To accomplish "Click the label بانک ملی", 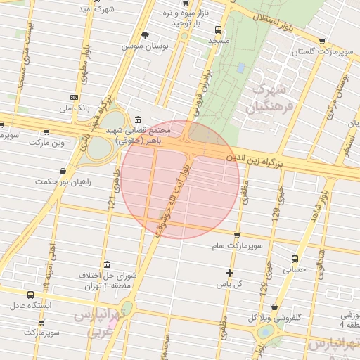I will click(74, 108).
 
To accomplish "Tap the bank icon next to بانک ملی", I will click(74, 97).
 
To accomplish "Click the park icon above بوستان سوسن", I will click(146, 34).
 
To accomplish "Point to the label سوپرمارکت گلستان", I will click(323, 53).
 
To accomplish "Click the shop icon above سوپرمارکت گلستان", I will click(322, 41).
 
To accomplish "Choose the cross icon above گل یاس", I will click(229, 273).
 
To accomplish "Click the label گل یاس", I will click(229, 284).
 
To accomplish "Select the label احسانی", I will click(295, 269).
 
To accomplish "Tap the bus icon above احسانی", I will click(295, 257).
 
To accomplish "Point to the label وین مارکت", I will click(46, 142).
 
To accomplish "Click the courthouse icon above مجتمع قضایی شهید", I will click(136, 120).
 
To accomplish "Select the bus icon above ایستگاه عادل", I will click(30, 295).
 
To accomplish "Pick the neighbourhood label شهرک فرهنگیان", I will click(266, 99).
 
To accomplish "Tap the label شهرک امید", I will click(98, 10).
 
